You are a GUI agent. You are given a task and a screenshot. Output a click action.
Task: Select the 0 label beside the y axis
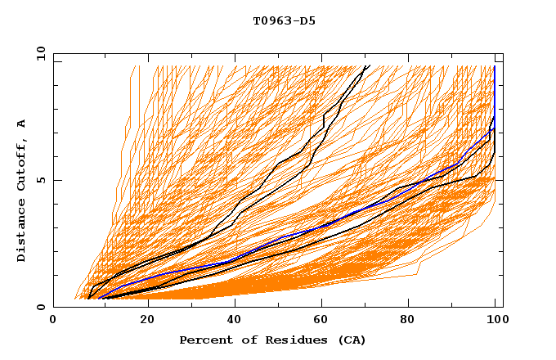point(42,308)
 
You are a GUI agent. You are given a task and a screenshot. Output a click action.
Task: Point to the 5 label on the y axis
point(42,180)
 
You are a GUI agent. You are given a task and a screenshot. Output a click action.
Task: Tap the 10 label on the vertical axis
point(38,52)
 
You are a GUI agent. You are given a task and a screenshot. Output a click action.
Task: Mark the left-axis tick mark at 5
point(56,180)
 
